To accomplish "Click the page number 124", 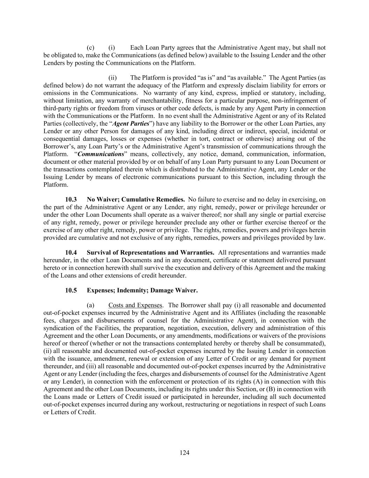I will (184, 453).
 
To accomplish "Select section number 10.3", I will (71, 200).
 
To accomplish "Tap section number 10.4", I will (71, 252).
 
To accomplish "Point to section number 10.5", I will (71, 290).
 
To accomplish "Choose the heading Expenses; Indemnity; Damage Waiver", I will (142, 290).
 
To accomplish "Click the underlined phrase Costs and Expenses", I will (135, 305).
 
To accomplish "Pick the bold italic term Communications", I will (101, 154).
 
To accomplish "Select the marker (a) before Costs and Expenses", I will (91, 305).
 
